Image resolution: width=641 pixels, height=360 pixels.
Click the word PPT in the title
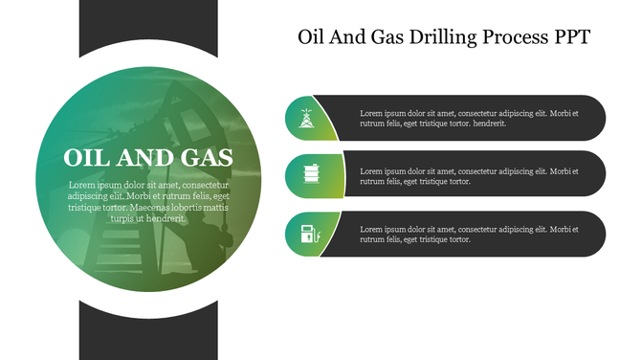click(571, 38)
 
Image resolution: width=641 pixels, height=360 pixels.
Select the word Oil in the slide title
click(312, 38)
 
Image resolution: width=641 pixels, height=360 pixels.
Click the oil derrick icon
click(307, 119)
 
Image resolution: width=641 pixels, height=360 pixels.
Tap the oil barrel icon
click(307, 175)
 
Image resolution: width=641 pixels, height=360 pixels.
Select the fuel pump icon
click(307, 233)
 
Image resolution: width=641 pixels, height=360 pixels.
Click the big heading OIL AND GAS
click(147, 158)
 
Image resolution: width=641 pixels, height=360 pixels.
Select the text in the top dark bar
click(469, 118)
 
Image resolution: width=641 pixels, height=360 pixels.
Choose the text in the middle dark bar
click(469, 175)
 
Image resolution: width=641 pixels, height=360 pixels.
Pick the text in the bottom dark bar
click(469, 234)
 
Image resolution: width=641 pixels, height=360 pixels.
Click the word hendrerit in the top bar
click(488, 124)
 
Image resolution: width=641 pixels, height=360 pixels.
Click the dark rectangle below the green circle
click(148, 335)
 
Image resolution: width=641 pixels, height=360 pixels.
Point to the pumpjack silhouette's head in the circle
click(178, 91)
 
